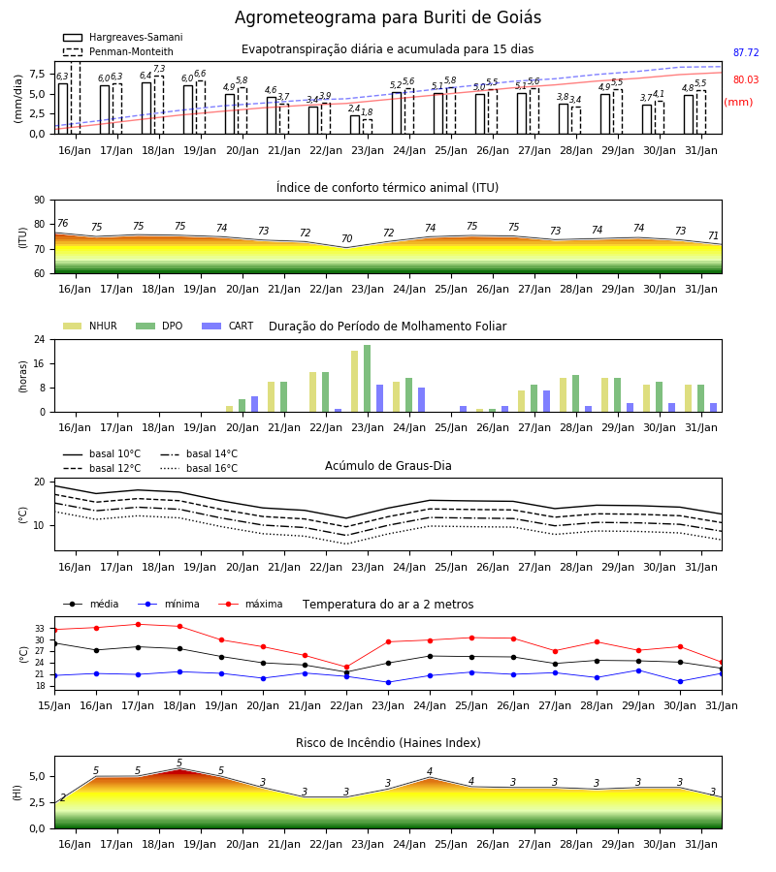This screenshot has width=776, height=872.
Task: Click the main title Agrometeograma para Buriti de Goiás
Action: (387, 17)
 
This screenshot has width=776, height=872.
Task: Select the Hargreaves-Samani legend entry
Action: (122, 37)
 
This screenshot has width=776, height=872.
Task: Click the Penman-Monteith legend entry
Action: (118, 51)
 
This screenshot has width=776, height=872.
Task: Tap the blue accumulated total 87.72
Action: (746, 53)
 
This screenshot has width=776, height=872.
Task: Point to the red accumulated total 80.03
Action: (746, 79)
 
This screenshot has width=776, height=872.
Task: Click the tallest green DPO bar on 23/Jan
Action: (368, 379)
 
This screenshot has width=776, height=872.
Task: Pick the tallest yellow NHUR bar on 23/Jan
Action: (355, 382)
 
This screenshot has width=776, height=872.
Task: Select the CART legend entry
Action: (228, 326)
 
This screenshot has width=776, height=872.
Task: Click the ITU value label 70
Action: (347, 238)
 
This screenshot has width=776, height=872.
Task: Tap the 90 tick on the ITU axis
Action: (40, 201)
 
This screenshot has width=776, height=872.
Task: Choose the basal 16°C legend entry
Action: (199, 468)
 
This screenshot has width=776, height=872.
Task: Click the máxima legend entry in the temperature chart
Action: (251, 604)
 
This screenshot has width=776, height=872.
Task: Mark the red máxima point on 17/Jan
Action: (138, 625)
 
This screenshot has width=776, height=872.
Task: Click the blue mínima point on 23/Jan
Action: (389, 682)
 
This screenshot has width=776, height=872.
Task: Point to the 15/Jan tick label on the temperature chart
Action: (54, 705)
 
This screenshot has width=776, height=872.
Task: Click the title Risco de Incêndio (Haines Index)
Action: (388, 743)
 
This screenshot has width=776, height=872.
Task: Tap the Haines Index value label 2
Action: (63, 797)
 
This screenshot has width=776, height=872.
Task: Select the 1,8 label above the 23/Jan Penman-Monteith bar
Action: (367, 111)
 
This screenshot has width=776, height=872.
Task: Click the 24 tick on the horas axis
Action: (40, 339)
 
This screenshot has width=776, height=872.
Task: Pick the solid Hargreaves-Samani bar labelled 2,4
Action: (355, 125)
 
